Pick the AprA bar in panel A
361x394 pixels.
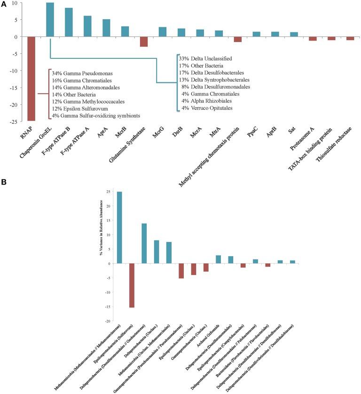click(x=106, y=28)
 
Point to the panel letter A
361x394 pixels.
click(x=5, y=4)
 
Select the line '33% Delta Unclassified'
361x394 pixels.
click(x=205, y=58)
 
